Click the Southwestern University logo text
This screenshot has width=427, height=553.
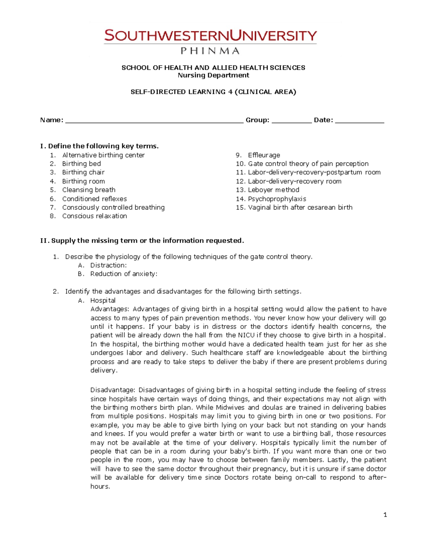click(x=210, y=36)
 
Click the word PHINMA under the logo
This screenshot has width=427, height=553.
click(x=210, y=51)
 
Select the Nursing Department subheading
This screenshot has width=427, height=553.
click(x=213, y=75)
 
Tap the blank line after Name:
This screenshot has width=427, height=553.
click(x=154, y=121)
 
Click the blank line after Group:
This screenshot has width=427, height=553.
click(x=291, y=121)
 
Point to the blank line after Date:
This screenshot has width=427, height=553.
click(x=359, y=121)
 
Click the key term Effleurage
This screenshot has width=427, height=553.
click(x=264, y=155)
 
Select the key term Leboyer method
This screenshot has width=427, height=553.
click(x=273, y=190)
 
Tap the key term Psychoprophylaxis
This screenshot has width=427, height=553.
click(x=277, y=199)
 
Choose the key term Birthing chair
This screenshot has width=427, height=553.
click(x=83, y=172)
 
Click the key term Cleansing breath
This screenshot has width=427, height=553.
click(x=89, y=190)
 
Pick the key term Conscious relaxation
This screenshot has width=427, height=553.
click(x=94, y=216)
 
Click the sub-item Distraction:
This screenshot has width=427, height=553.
click(x=108, y=265)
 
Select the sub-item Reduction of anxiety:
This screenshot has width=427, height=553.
click(x=123, y=274)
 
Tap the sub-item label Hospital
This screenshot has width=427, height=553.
click(x=103, y=301)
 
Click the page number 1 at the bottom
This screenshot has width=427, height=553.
click(x=385, y=515)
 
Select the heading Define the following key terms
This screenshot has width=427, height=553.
click(x=103, y=146)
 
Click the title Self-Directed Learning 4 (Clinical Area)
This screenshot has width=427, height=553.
click(x=213, y=92)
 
